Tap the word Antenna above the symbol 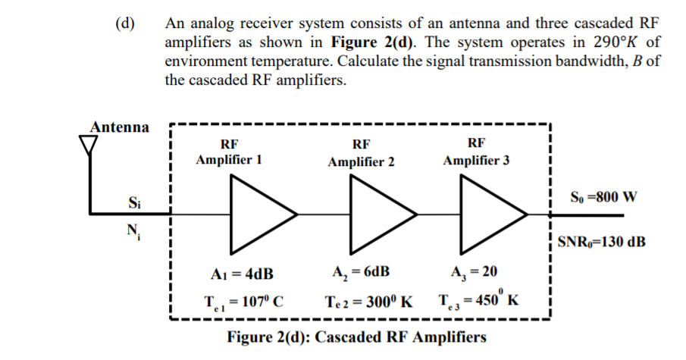pos(120,126)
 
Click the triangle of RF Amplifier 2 pos(377,213)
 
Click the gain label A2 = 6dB pos(362,273)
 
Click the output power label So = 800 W pos(603,199)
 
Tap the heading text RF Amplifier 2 pos(361,153)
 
